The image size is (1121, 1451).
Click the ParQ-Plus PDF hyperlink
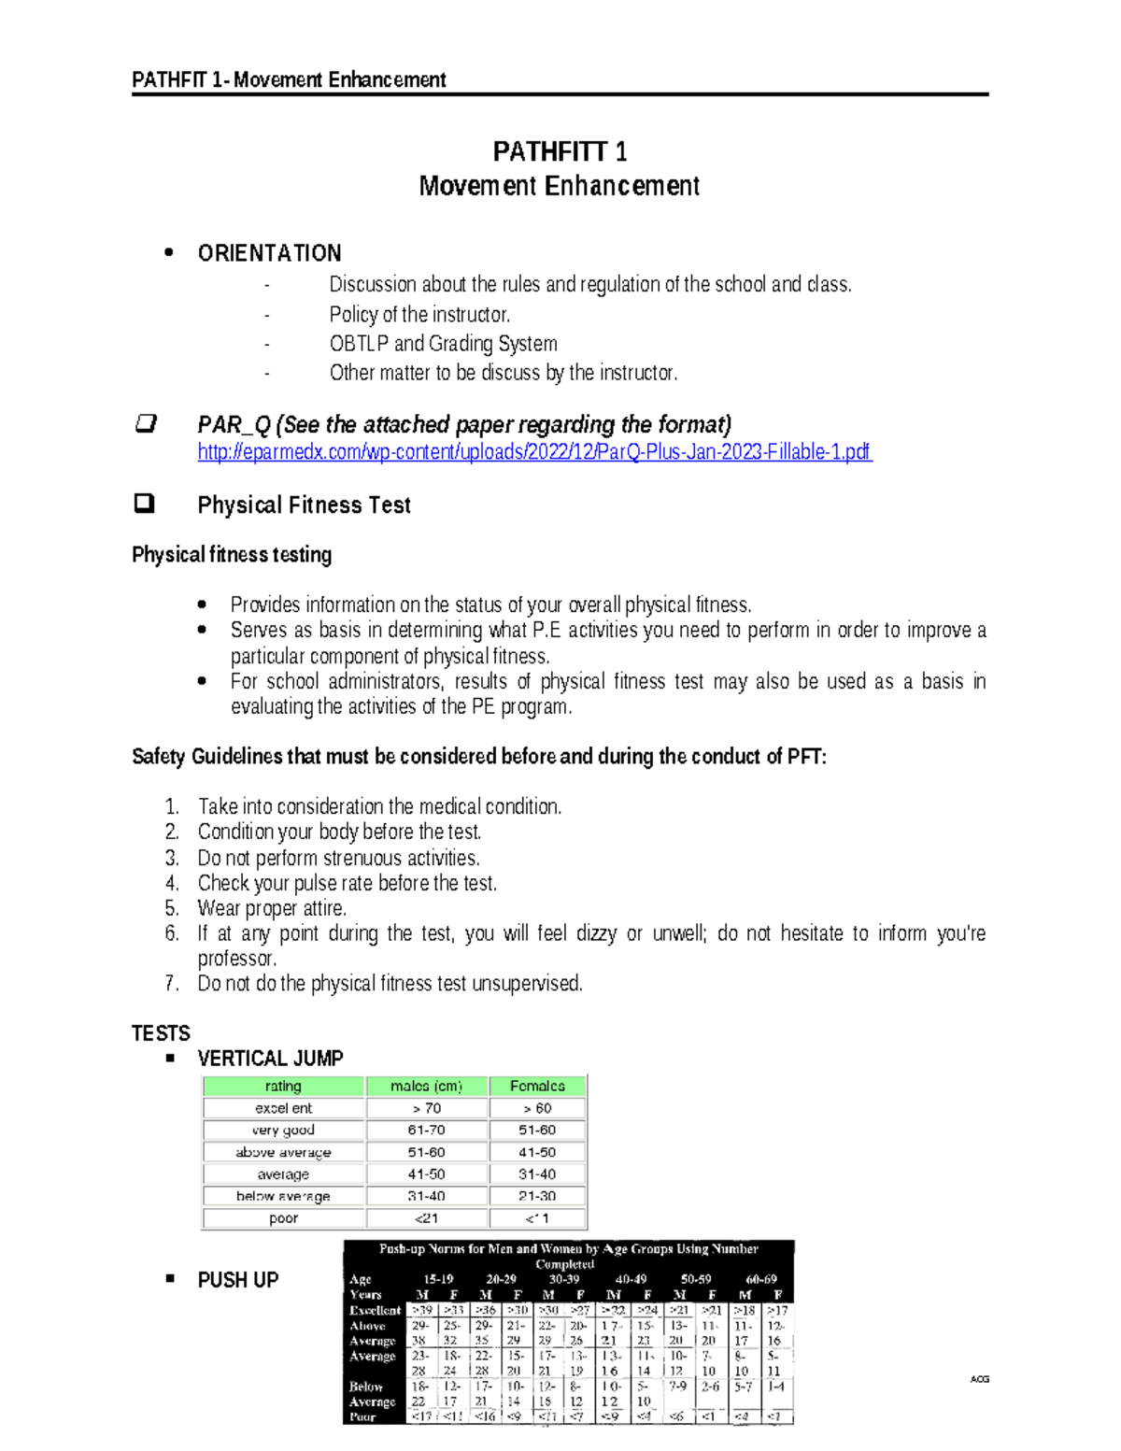point(533,452)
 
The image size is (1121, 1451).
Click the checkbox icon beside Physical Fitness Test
point(144,505)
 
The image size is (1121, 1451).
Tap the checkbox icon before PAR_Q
point(145,424)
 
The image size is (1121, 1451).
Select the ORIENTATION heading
point(269,253)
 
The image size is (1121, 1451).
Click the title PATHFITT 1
point(560,151)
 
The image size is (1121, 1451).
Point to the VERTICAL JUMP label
point(270,1059)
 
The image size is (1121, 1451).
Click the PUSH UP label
point(237,1280)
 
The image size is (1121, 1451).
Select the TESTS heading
point(161,1033)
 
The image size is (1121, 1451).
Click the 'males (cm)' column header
point(426,1086)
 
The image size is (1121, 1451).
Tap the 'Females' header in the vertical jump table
point(537,1086)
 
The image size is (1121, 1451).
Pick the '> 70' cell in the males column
point(426,1108)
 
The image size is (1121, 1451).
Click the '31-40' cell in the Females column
point(537,1174)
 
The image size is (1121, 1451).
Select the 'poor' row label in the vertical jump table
point(283,1218)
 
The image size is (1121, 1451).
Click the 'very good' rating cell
point(283,1131)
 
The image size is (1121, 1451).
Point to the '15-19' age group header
point(437,1279)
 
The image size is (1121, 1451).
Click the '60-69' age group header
point(759,1279)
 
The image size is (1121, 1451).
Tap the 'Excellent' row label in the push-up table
point(375,1311)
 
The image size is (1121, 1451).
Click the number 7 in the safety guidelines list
point(171,984)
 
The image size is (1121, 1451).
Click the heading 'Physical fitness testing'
point(232,555)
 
